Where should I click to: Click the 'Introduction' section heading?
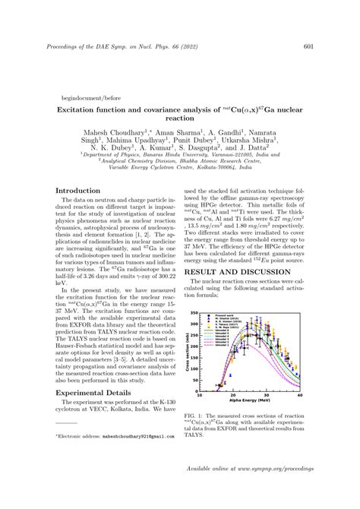(x=79, y=191)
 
